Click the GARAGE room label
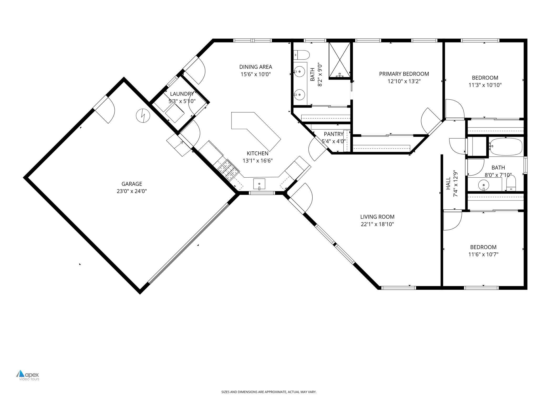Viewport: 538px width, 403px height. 132,184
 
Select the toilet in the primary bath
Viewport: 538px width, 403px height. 302,55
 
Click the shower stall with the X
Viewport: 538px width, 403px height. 339,60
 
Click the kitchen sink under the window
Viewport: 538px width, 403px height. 259,184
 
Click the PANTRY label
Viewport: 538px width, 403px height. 334,134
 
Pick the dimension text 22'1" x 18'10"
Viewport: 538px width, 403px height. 377,224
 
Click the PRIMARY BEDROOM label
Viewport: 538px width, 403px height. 404,74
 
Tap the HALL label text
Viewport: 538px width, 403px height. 448,183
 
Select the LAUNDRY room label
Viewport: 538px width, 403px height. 182,94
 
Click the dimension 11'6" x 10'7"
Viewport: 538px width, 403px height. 483,254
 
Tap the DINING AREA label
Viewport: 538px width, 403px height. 255,67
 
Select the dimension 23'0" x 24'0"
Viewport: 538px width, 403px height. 132,191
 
